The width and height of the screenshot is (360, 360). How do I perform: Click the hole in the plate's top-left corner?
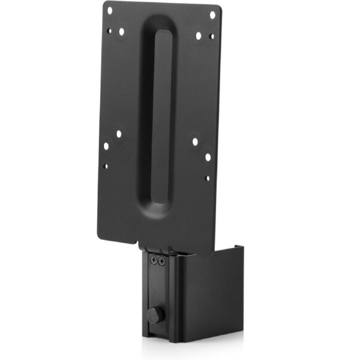(x=109, y=10)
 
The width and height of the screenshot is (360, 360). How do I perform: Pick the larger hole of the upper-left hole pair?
(x=121, y=32)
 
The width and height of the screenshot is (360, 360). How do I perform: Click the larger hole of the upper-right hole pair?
(x=198, y=35)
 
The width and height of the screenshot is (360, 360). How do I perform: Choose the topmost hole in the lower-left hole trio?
(x=118, y=134)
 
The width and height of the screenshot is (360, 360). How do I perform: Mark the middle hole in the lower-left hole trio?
(x=106, y=146)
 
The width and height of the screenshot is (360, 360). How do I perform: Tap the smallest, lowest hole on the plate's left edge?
(x=106, y=166)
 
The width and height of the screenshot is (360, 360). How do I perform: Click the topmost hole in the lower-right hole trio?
(x=195, y=142)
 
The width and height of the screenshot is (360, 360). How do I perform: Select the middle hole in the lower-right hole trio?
(x=208, y=157)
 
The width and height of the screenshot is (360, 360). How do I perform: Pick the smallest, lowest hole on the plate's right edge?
(x=208, y=178)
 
